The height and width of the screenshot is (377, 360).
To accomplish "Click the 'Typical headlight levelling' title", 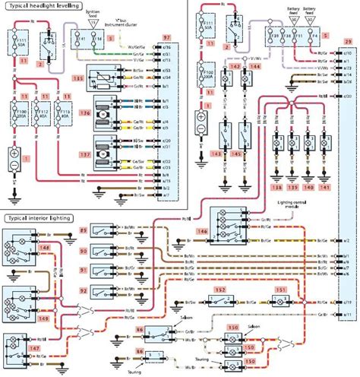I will click(x=46, y=5).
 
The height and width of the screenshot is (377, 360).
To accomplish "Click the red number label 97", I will click(x=166, y=36).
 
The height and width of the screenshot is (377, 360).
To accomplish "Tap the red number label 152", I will click(x=220, y=290).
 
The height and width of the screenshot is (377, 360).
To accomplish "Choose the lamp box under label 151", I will click(x=280, y=303).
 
